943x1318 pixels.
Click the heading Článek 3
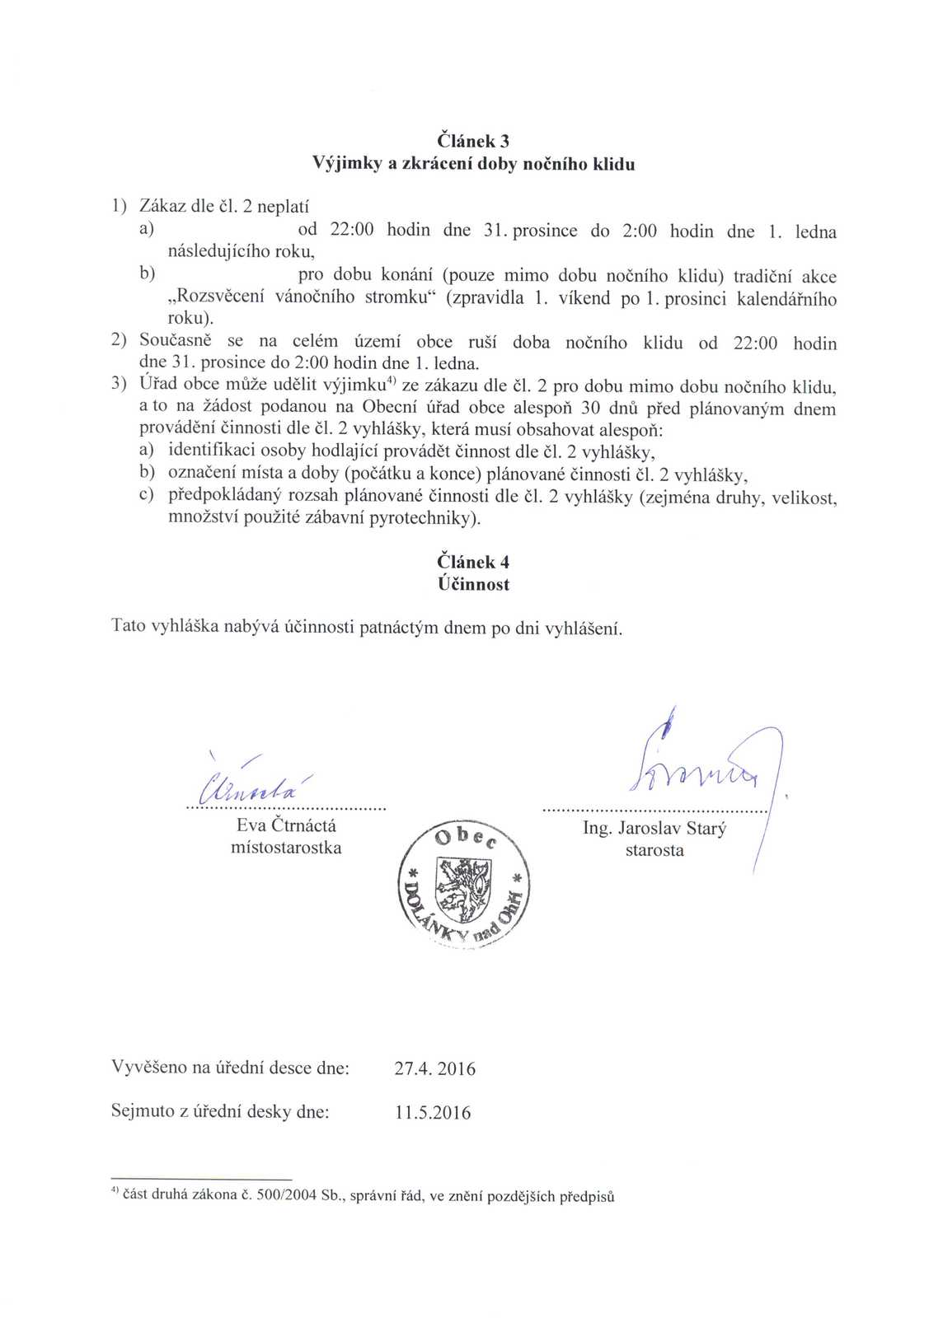(473, 141)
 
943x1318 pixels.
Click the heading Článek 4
(473, 562)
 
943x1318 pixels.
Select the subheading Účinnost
(473, 584)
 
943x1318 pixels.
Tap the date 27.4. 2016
(434, 1068)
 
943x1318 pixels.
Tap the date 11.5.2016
(433, 1112)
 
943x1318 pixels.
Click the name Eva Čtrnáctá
(286, 825)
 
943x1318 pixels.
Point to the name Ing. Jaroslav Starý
(654, 828)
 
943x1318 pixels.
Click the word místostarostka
(286, 848)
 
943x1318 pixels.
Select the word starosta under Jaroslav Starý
(654, 850)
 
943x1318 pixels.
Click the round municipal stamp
(464, 886)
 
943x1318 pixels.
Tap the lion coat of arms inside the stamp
(462, 890)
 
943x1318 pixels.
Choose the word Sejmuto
(143, 1111)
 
